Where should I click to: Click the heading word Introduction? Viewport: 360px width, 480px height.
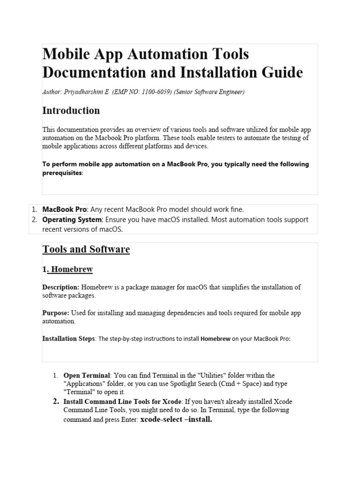pyautogui.click(x=71, y=111)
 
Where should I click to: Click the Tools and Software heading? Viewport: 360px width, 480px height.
pyautogui.click(x=86, y=249)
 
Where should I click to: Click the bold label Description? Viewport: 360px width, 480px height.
pyautogui.click(x=61, y=287)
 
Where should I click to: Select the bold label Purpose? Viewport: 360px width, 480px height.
pyautogui.click(x=56, y=313)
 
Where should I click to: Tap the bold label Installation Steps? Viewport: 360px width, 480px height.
pyautogui.click(x=68, y=338)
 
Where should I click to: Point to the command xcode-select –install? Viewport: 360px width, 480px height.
pyautogui.click(x=176, y=420)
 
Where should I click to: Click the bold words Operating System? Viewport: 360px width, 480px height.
pyautogui.click(x=72, y=219)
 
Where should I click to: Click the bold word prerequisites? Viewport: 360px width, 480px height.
pyautogui.click(x=62, y=172)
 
